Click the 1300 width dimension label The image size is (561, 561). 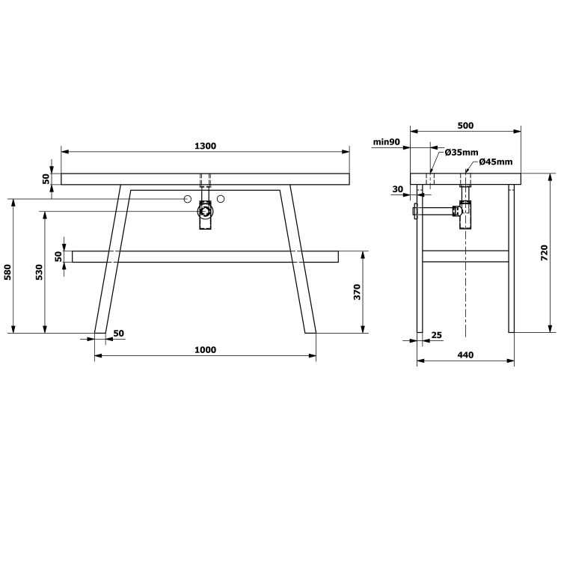click(x=206, y=146)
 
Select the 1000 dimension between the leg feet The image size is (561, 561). click(x=206, y=349)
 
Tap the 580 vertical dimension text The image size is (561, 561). click(x=8, y=272)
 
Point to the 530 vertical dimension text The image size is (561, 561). click(x=39, y=272)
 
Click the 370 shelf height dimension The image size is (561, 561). click(x=357, y=292)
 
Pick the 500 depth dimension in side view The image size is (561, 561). click(x=465, y=126)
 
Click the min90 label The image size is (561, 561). click(x=387, y=141)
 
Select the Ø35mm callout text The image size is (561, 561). click(x=462, y=153)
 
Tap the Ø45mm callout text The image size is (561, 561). click(x=496, y=162)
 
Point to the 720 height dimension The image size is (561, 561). click(x=545, y=252)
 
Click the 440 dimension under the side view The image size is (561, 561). click(x=465, y=355)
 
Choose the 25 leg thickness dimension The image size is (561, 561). click(x=436, y=335)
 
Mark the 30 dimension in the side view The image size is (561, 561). click(x=397, y=189)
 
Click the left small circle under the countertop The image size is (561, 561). click(x=188, y=199)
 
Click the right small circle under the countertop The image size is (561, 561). click(x=221, y=199)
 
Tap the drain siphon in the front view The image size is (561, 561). click(x=205, y=213)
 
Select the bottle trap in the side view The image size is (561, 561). click(x=466, y=214)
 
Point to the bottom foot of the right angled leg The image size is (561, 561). click(x=310, y=330)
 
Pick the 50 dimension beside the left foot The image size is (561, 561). click(x=118, y=333)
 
